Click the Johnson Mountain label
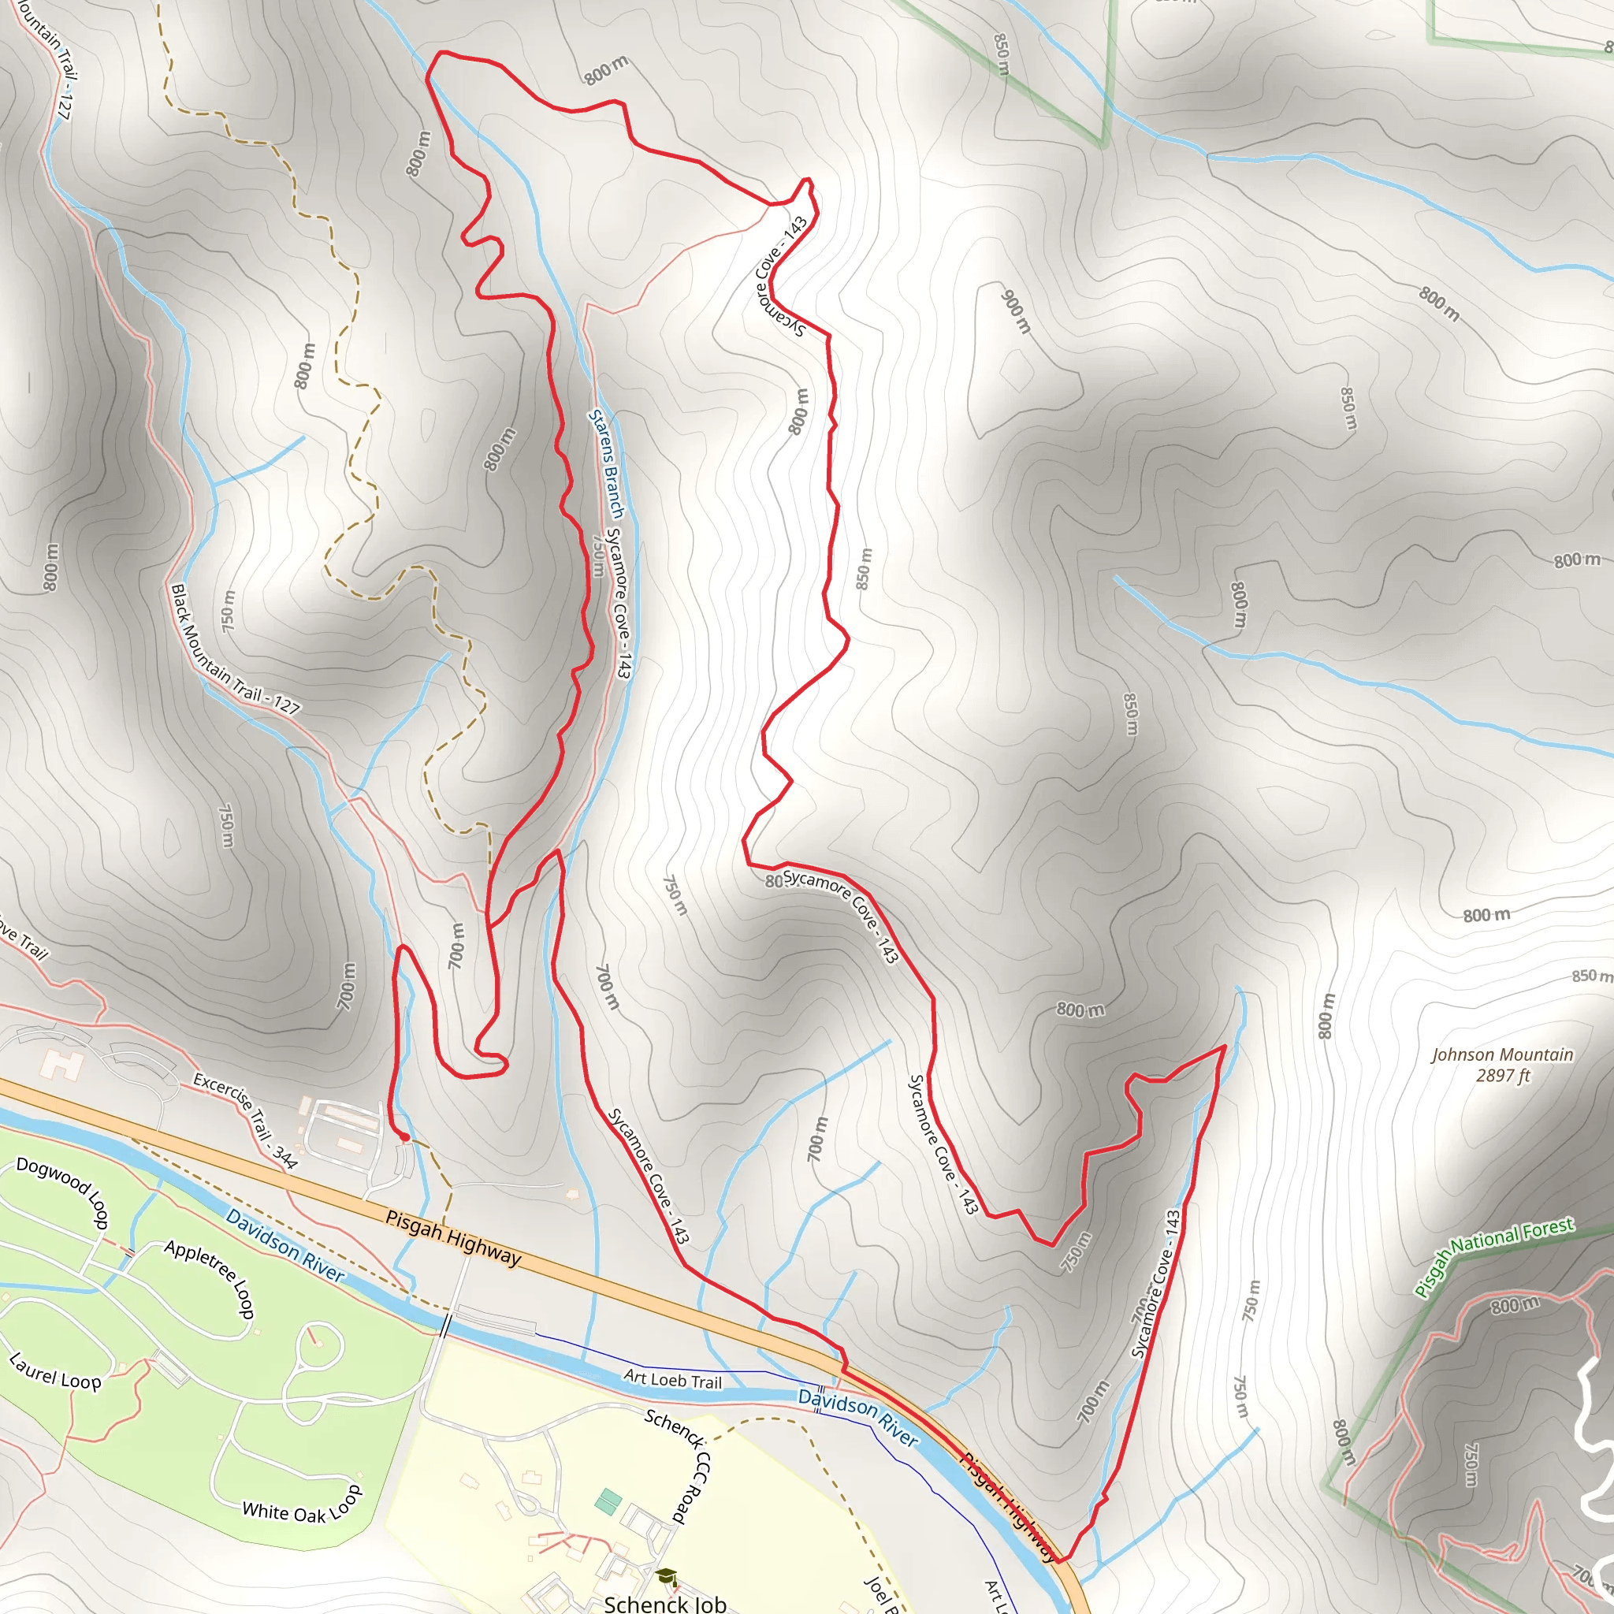click(x=1502, y=1055)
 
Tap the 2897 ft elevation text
click(x=1502, y=1076)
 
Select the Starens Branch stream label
click(x=607, y=463)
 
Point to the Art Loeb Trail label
click(x=672, y=1379)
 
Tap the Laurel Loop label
click(x=55, y=1373)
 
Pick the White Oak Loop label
click(x=303, y=1505)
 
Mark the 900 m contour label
click(x=1017, y=311)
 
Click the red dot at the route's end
click(x=405, y=1137)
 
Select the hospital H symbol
click(x=61, y=1065)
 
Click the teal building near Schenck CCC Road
click(x=608, y=1501)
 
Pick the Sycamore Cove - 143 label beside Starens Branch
click(x=619, y=603)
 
